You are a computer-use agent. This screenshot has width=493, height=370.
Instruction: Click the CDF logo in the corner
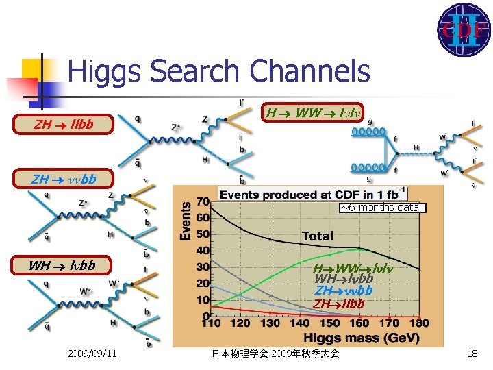click(x=464, y=29)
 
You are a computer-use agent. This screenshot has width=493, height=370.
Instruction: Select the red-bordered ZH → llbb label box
click(x=64, y=125)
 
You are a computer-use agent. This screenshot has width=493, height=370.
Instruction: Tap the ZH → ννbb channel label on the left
click(x=64, y=180)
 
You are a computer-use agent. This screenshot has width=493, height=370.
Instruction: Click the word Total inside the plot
click(x=317, y=236)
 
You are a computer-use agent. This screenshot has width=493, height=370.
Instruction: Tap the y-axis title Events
click(x=186, y=220)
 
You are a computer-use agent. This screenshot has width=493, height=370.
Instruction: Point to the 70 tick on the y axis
click(x=203, y=202)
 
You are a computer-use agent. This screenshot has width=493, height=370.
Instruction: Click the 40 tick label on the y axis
click(x=203, y=251)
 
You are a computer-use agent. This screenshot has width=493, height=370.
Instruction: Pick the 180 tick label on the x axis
click(x=418, y=323)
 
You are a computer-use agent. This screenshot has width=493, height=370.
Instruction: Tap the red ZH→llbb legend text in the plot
click(x=339, y=304)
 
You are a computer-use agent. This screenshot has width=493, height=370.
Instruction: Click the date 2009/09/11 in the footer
click(x=92, y=354)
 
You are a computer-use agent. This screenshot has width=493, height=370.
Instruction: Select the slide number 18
click(x=472, y=354)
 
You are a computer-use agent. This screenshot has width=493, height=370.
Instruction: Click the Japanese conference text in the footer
click(x=275, y=354)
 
